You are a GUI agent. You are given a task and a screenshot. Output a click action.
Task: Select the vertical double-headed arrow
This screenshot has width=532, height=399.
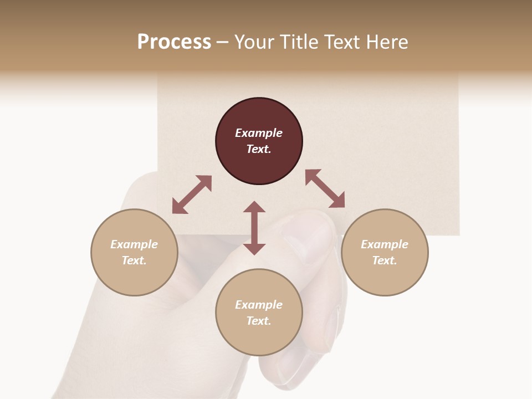(254, 228)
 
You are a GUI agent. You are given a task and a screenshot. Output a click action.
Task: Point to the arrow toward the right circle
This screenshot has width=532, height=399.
(325, 188)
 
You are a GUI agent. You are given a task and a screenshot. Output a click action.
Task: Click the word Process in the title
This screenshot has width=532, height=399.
(174, 42)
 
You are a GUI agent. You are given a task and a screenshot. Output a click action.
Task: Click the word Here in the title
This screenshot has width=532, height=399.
(388, 42)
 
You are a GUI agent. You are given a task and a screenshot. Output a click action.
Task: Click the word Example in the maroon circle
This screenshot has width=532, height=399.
(259, 133)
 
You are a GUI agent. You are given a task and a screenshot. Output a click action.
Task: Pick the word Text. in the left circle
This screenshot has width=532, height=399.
(134, 260)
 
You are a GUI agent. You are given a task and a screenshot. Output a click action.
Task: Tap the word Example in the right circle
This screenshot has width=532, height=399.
(385, 244)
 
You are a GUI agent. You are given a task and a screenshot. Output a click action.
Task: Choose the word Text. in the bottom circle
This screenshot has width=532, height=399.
(259, 321)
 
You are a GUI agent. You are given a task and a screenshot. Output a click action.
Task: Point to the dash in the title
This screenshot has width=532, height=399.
(223, 42)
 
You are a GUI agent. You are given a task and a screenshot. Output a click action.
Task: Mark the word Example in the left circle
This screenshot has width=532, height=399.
(134, 244)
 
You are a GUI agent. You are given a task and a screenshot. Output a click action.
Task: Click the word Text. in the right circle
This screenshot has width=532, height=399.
(385, 260)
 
